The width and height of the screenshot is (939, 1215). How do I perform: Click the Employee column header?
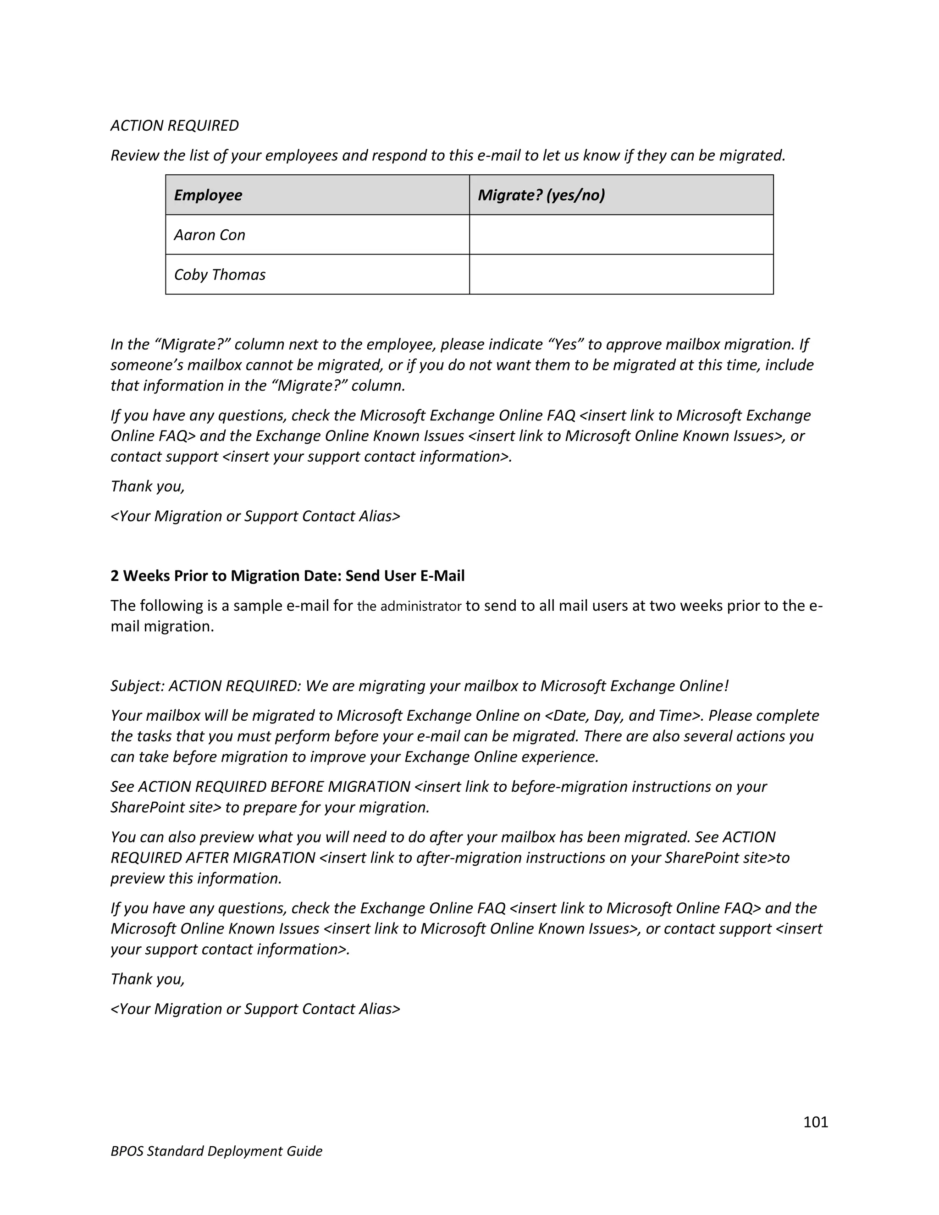pyautogui.click(x=208, y=195)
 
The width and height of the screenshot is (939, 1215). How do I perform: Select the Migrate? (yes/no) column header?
pyautogui.click(x=541, y=195)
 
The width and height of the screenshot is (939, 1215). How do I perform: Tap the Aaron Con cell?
pyautogui.click(x=209, y=235)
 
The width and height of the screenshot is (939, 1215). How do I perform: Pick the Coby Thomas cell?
pyautogui.click(x=219, y=275)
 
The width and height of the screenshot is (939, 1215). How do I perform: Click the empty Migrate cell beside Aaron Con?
pyautogui.click(x=621, y=235)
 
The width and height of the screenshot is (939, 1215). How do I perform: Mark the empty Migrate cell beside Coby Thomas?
pyautogui.click(x=621, y=275)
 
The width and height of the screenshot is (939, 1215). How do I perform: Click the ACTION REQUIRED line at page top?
pyautogui.click(x=175, y=126)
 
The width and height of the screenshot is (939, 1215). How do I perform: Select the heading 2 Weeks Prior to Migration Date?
pyautogui.click(x=287, y=576)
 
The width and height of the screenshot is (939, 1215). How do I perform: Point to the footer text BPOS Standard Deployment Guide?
pyautogui.click(x=216, y=1151)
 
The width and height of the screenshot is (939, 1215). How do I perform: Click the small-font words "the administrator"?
pyautogui.click(x=409, y=607)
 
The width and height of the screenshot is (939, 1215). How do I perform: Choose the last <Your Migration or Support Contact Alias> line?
pyautogui.click(x=255, y=1009)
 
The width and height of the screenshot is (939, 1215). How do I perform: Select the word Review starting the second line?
pyautogui.click(x=135, y=156)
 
